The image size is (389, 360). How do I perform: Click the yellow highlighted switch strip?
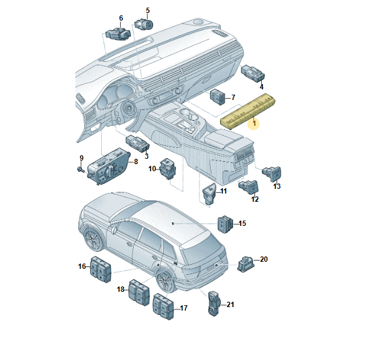248,112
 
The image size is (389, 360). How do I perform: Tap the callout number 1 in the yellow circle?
254,123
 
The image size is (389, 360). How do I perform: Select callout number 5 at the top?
148,11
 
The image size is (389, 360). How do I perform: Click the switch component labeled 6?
118,34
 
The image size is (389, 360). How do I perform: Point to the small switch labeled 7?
217,97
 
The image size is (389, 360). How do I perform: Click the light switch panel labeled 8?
108,166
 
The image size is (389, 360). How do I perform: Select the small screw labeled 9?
81,169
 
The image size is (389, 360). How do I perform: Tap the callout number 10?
152,169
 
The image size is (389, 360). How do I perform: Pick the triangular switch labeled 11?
209,194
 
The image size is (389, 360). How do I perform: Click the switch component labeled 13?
272,174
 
